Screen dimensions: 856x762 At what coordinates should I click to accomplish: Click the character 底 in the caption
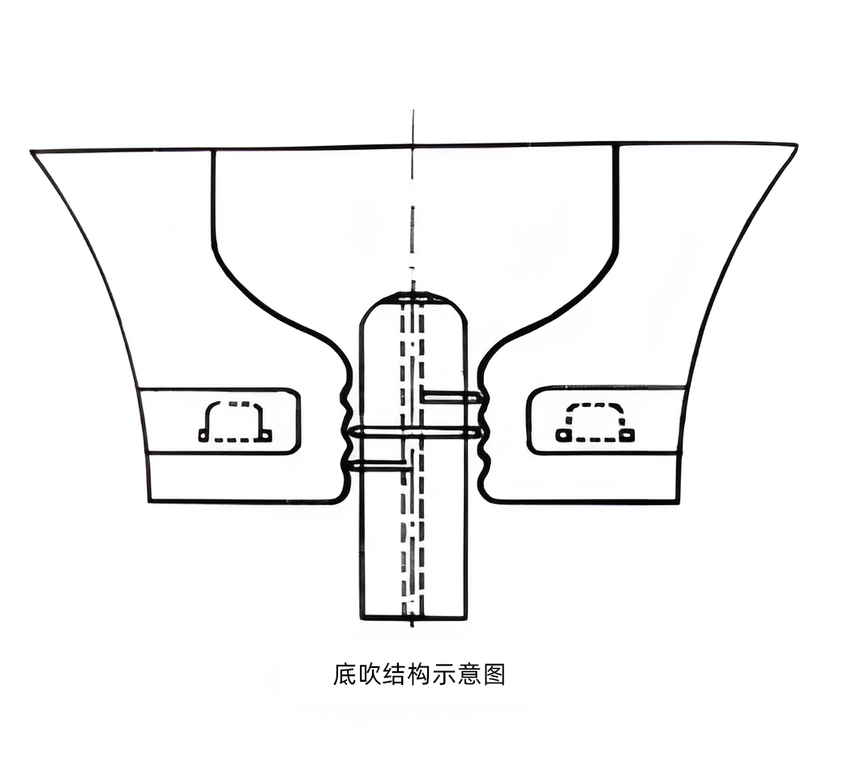tap(345, 674)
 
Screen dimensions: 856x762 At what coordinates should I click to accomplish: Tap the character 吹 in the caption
tap(370, 674)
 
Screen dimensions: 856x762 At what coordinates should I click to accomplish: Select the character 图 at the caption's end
tap(493, 674)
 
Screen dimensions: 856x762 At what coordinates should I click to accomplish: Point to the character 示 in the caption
tap(444, 674)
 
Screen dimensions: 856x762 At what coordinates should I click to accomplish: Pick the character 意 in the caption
tap(469, 674)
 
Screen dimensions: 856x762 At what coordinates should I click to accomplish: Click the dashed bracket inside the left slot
tap(235, 404)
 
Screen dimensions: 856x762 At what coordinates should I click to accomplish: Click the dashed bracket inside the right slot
tap(595, 405)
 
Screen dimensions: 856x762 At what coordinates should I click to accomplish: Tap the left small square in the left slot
tap(203, 435)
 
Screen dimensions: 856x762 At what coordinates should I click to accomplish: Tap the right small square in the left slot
tap(267, 435)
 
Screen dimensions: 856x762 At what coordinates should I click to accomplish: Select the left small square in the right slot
tap(561, 435)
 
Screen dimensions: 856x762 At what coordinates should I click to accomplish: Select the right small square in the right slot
tap(628, 435)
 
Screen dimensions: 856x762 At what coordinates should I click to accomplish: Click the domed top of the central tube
tap(413, 298)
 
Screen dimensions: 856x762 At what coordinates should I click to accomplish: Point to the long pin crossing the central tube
tap(415, 433)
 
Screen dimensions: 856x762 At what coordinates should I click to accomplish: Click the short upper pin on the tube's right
tap(451, 397)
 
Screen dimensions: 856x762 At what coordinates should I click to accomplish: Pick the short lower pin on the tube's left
tap(379, 466)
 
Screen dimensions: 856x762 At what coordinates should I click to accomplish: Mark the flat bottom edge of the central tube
tap(413, 618)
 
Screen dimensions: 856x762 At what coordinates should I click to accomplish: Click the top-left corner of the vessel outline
tap(31, 152)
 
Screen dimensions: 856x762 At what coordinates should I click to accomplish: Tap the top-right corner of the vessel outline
tap(797, 144)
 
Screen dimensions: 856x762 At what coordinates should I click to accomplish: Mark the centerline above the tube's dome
tap(413, 201)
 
